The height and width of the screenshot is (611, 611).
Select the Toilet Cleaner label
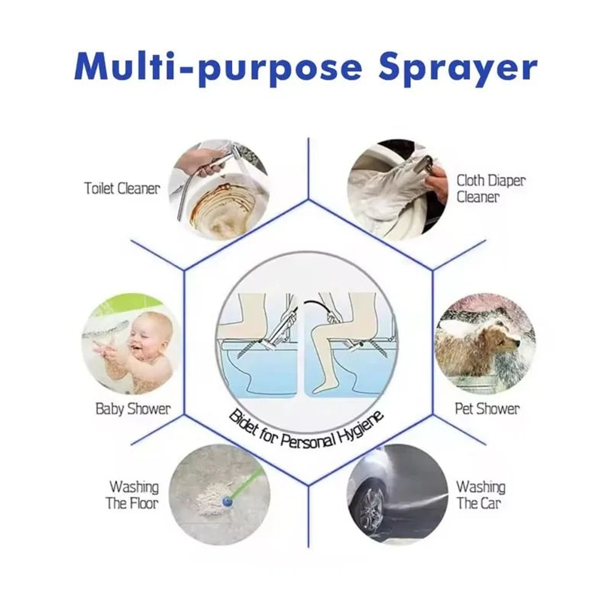click(x=122, y=188)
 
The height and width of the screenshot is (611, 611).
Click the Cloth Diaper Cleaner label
click(x=491, y=188)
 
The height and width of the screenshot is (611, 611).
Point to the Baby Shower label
click(x=133, y=409)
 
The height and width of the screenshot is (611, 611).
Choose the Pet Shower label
click(x=487, y=409)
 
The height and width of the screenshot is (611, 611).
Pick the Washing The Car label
click(x=481, y=495)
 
